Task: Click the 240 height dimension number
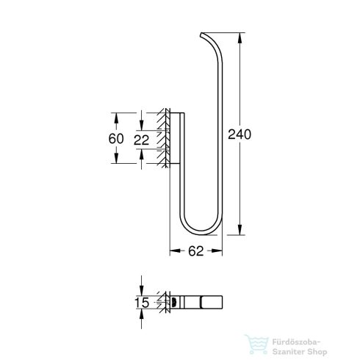tap(240, 134)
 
